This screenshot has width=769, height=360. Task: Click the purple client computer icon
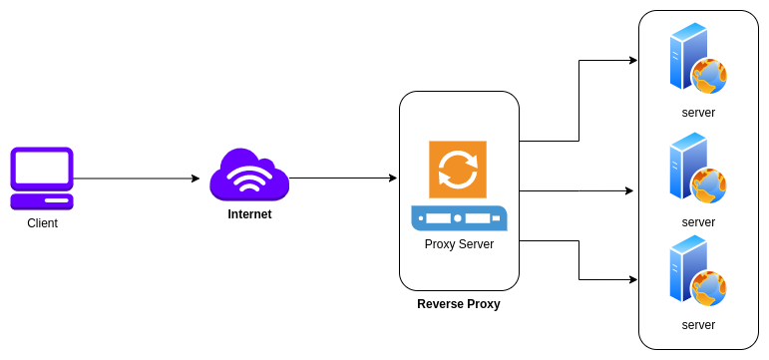[x=42, y=178]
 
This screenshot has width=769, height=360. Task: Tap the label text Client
[x=42, y=223]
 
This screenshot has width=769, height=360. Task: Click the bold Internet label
[x=249, y=214]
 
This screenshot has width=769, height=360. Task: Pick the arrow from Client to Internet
[x=136, y=179]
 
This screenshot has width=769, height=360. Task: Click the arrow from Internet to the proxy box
[x=343, y=179]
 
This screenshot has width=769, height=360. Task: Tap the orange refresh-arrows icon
[x=458, y=169]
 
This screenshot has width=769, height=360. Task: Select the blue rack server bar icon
[x=458, y=217]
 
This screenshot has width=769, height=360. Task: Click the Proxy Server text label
[x=459, y=244]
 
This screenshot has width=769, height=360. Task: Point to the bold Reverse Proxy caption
[x=459, y=304]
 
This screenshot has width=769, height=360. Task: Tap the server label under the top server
[x=698, y=113]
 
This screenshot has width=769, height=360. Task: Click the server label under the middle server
[x=698, y=222]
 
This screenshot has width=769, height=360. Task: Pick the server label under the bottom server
[x=698, y=325]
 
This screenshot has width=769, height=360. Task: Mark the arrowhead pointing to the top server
[x=632, y=60]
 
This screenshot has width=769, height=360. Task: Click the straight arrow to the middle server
[x=576, y=190]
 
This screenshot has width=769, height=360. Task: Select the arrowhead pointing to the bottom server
[x=632, y=280]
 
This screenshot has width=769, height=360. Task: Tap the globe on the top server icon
[x=709, y=75]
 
